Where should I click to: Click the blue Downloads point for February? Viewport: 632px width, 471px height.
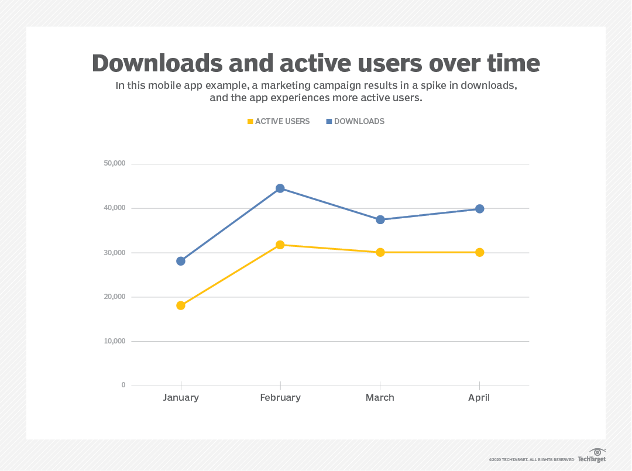(280, 188)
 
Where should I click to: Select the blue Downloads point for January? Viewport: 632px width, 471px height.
(181, 261)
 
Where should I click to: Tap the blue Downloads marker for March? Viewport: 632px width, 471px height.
(380, 220)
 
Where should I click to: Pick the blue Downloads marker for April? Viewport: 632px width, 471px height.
(480, 209)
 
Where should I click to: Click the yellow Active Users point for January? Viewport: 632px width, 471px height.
(181, 305)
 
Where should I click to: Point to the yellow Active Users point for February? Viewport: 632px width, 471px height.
(280, 245)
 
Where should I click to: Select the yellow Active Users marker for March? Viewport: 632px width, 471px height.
(380, 252)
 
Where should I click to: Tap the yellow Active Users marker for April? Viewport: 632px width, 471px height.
(480, 252)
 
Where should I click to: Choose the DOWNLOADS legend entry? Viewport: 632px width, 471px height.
(355, 121)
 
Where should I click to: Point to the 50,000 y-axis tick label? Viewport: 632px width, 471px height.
(114, 163)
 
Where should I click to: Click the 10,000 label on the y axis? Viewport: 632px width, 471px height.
(114, 341)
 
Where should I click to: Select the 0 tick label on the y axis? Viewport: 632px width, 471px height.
(123, 385)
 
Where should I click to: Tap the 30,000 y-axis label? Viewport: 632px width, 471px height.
(114, 252)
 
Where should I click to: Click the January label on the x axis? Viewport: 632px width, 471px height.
(181, 397)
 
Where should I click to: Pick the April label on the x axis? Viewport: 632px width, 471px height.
(479, 397)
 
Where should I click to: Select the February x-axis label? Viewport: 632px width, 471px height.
(280, 397)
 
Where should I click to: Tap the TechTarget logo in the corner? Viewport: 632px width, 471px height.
(592, 456)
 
